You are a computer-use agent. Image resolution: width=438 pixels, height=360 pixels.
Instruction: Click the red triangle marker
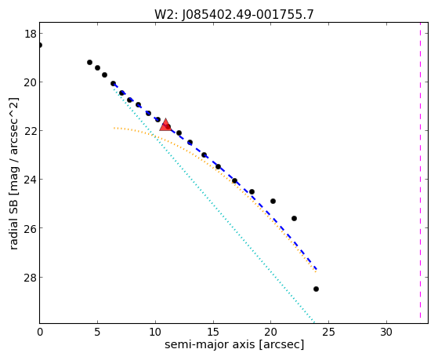point(165,125)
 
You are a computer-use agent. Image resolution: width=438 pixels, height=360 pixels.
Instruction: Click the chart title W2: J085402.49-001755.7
point(234,15)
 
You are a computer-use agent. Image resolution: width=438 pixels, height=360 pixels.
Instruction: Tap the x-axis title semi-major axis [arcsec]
point(234,344)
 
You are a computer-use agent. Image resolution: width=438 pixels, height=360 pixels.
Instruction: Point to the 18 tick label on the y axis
point(31,34)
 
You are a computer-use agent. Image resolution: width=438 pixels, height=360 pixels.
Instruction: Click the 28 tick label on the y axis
point(31,278)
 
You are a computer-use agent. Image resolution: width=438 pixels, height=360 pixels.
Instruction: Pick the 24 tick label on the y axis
point(31,180)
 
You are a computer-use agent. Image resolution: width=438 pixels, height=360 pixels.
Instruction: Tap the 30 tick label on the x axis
point(386,332)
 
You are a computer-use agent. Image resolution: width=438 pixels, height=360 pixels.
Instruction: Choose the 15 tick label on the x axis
point(213,332)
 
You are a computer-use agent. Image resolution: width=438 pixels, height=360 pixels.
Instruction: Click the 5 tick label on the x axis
point(97,332)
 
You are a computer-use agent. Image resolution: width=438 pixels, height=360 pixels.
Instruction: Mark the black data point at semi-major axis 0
point(40,45)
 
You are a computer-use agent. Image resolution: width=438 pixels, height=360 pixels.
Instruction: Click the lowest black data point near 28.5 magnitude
point(316,289)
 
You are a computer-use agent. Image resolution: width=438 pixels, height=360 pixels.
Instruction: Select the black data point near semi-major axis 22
point(294,219)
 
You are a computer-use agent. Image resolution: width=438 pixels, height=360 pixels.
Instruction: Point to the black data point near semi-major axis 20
point(273,201)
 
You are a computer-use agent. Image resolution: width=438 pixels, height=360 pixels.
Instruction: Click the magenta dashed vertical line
point(420,173)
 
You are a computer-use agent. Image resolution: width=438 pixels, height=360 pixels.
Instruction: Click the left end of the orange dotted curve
point(114,128)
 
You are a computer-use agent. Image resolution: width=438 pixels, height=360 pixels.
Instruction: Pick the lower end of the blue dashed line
point(317,269)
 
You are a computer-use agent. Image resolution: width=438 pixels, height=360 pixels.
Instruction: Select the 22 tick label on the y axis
point(31,131)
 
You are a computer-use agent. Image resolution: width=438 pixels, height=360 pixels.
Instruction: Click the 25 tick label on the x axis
point(328,332)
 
